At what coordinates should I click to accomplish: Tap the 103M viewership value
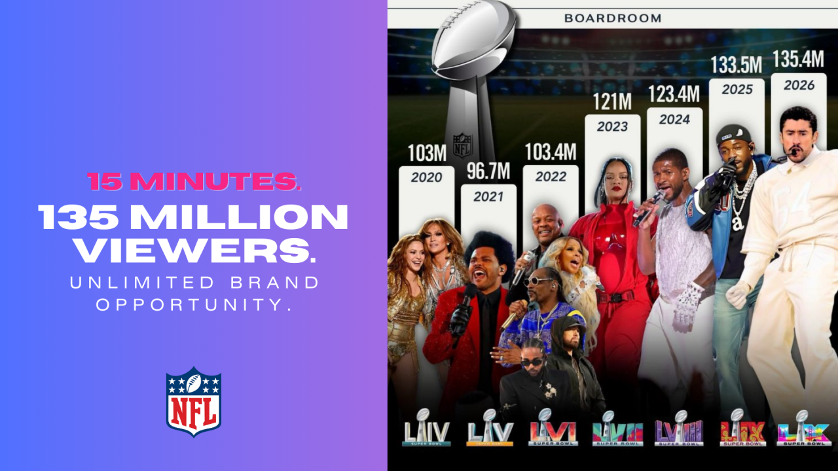426,154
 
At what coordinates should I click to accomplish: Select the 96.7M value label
488,172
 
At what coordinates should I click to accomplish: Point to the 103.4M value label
550,153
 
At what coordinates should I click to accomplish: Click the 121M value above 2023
612,102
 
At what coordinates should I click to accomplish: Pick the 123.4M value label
674,95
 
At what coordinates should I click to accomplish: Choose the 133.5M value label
737,65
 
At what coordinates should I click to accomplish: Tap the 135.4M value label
798,60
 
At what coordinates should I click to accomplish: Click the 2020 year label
426,177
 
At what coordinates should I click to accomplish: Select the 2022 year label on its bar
551,177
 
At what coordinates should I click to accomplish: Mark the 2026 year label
799,84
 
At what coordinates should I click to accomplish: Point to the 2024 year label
674,120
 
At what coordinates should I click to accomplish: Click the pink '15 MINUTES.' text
194,181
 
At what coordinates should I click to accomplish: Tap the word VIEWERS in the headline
194,251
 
